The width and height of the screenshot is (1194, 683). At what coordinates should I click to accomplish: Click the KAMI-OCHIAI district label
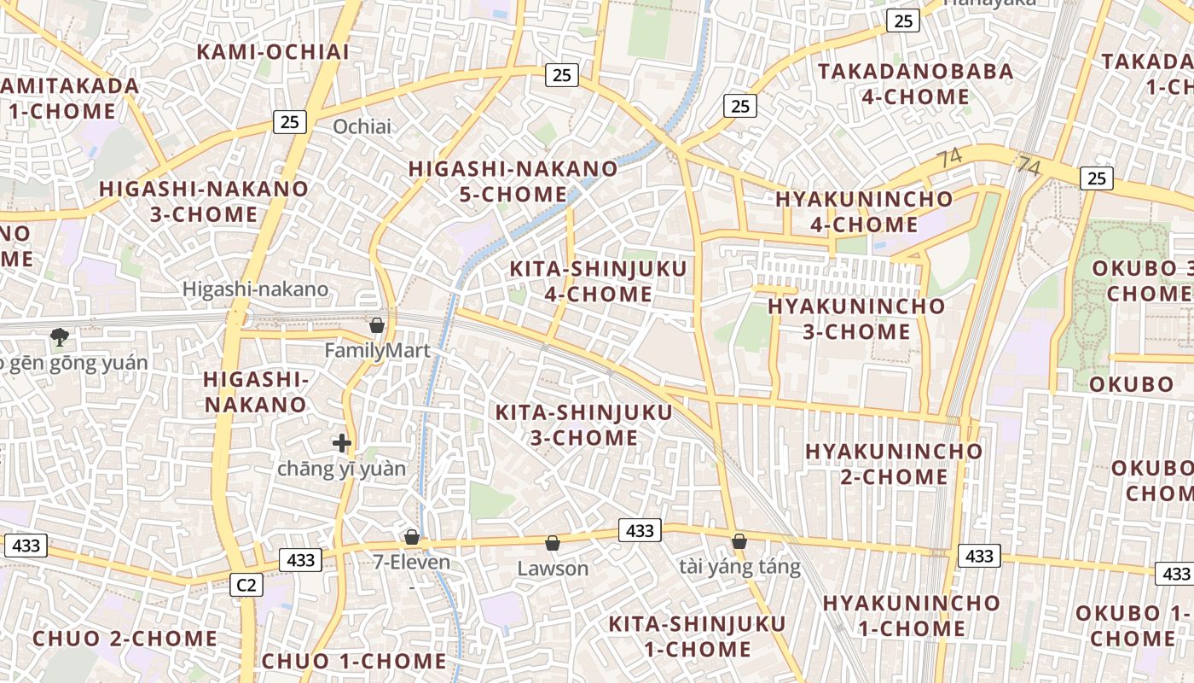coord(273,52)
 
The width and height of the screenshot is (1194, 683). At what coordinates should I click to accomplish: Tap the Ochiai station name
coord(362,127)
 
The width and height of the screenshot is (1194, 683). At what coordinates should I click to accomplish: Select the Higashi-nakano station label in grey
coord(255,289)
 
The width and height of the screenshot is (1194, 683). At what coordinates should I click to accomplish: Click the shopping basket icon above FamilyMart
coord(377,325)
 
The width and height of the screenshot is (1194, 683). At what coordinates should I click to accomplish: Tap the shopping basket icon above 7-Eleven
coord(412,537)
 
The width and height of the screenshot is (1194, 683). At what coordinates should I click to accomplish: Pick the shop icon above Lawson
coord(553,543)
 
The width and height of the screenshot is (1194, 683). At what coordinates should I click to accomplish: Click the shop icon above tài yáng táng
coord(739,541)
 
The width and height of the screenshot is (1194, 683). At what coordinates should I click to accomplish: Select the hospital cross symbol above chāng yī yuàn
coord(342,443)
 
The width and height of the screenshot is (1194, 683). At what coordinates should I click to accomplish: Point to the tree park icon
coord(60,337)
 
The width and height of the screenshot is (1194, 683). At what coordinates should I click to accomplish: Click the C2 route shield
coord(246,585)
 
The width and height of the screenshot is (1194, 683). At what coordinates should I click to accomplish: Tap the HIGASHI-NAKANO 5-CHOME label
coord(513,181)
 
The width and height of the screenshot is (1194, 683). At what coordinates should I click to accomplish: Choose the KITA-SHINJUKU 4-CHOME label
coord(598,282)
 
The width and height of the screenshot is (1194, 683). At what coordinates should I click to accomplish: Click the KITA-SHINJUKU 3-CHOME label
coord(583,424)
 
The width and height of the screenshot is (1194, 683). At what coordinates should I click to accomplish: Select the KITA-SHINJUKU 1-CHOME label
coord(697,636)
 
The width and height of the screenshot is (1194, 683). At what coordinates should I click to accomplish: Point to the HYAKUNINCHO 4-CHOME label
coord(864,212)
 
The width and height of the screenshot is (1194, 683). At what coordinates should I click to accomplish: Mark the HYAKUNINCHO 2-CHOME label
coord(894,463)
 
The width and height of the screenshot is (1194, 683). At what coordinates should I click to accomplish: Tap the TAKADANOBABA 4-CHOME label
coord(916,84)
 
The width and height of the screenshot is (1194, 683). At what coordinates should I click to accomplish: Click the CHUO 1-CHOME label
coord(354,661)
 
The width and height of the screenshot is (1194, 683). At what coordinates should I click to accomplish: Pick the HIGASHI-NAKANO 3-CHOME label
coord(204,201)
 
